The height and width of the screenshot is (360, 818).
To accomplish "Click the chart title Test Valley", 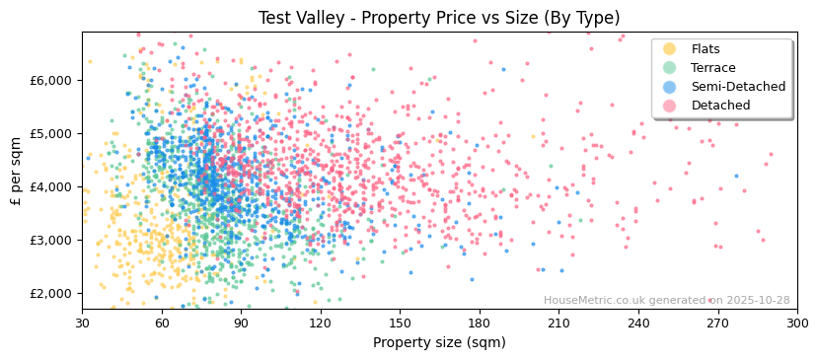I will (x=439, y=18).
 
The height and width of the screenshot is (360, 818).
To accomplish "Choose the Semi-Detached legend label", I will (x=738, y=87).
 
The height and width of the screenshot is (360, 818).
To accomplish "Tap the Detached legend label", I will (x=721, y=106).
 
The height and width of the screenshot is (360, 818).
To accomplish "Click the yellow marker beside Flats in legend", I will (x=670, y=49).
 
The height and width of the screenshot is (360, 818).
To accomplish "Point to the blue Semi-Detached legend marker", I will (x=670, y=87).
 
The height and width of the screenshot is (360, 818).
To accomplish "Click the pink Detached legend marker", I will (x=670, y=106).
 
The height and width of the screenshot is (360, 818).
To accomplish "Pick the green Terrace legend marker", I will (x=670, y=68).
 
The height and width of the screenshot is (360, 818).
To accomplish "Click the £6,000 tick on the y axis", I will (x=51, y=80).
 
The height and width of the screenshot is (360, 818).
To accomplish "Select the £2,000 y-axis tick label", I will (x=51, y=293).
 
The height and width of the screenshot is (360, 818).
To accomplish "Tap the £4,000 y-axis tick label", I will (x=51, y=186).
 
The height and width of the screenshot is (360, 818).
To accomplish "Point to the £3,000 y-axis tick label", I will (x=51, y=240).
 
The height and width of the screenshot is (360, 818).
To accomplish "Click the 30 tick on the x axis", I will (x=82, y=324).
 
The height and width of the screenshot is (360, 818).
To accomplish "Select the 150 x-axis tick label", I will (x=400, y=324).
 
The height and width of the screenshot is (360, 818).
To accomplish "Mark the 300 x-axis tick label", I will (x=796, y=324).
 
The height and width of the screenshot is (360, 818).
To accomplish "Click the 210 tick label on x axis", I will (x=558, y=324).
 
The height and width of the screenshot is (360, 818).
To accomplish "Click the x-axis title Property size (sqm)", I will (x=439, y=342).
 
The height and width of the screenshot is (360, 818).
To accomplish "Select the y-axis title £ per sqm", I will (x=17, y=171).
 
